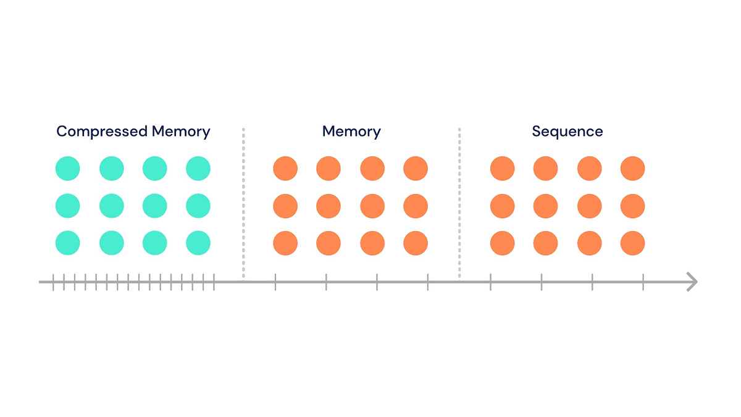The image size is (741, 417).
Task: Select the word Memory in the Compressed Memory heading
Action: tap(181, 132)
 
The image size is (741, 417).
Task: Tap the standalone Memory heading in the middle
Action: tap(351, 132)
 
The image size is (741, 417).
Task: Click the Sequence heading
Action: tap(567, 132)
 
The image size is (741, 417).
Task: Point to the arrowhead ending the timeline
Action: tap(693, 282)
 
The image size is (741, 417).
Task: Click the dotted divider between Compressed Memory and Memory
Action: tap(243, 204)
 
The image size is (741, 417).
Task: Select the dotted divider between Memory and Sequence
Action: tap(459, 204)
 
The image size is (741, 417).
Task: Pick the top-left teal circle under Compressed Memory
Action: tap(68, 169)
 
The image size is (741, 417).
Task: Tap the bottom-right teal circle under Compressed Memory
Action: tap(198, 243)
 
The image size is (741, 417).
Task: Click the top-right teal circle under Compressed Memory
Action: tap(198, 169)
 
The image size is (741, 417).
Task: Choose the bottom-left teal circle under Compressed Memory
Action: tap(68, 243)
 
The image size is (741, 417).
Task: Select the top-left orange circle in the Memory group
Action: tap(285, 169)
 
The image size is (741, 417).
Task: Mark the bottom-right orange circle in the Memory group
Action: tap(416, 243)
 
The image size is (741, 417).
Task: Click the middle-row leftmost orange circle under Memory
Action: tap(285, 206)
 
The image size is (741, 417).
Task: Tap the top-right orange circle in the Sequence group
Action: tap(632, 169)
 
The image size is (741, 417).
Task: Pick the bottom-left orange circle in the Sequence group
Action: tap(503, 243)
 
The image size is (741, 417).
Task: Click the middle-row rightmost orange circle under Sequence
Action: tap(632, 206)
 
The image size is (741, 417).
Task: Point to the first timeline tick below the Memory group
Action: tap(275, 282)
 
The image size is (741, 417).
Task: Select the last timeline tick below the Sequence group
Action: tap(643, 282)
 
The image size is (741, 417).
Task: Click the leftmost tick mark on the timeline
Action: tap(53, 282)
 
